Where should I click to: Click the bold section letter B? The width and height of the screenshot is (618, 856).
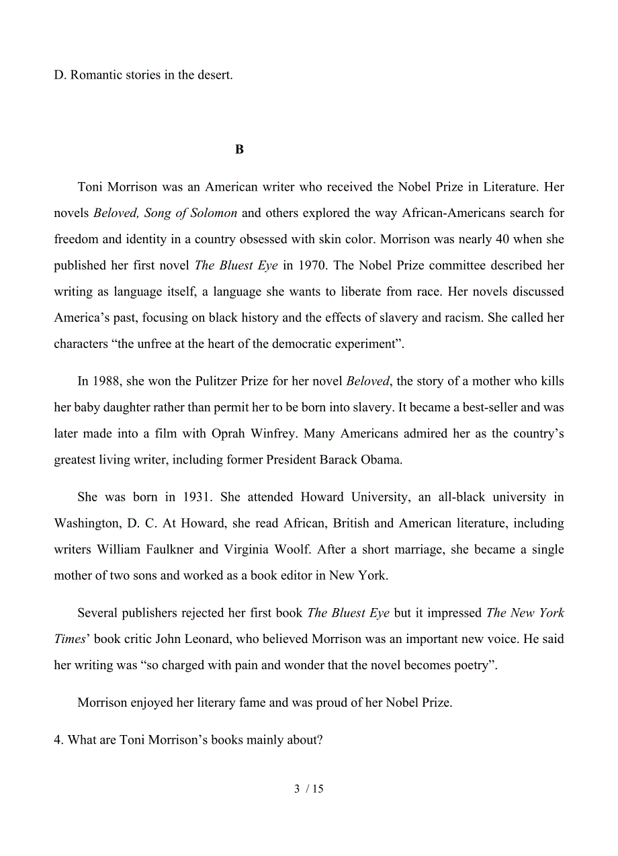[239, 150]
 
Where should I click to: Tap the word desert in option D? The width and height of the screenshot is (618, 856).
[213, 75]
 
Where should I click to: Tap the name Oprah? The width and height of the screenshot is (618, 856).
[231, 434]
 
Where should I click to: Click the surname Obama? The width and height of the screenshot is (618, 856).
[402, 460]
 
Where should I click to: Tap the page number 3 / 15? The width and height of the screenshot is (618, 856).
[309, 789]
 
